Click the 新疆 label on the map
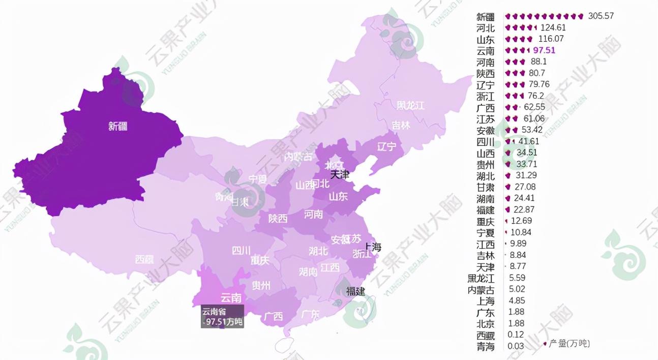click(x=117, y=127)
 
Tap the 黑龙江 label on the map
click(x=410, y=106)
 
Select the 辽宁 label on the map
click(x=386, y=147)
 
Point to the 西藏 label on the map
click(x=144, y=259)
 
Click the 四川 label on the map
click(x=241, y=250)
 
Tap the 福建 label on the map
click(x=355, y=291)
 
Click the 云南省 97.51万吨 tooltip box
click(x=222, y=317)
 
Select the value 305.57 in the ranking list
click(x=601, y=16)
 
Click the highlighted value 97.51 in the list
click(x=544, y=50)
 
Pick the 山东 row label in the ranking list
click(x=485, y=39)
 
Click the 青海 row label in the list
click(x=485, y=347)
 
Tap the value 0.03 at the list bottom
click(x=516, y=347)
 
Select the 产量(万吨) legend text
click(x=570, y=344)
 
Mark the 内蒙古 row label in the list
click(x=481, y=290)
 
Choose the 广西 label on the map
click(x=273, y=316)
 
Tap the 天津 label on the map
click(x=340, y=175)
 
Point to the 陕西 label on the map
click(x=278, y=219)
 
